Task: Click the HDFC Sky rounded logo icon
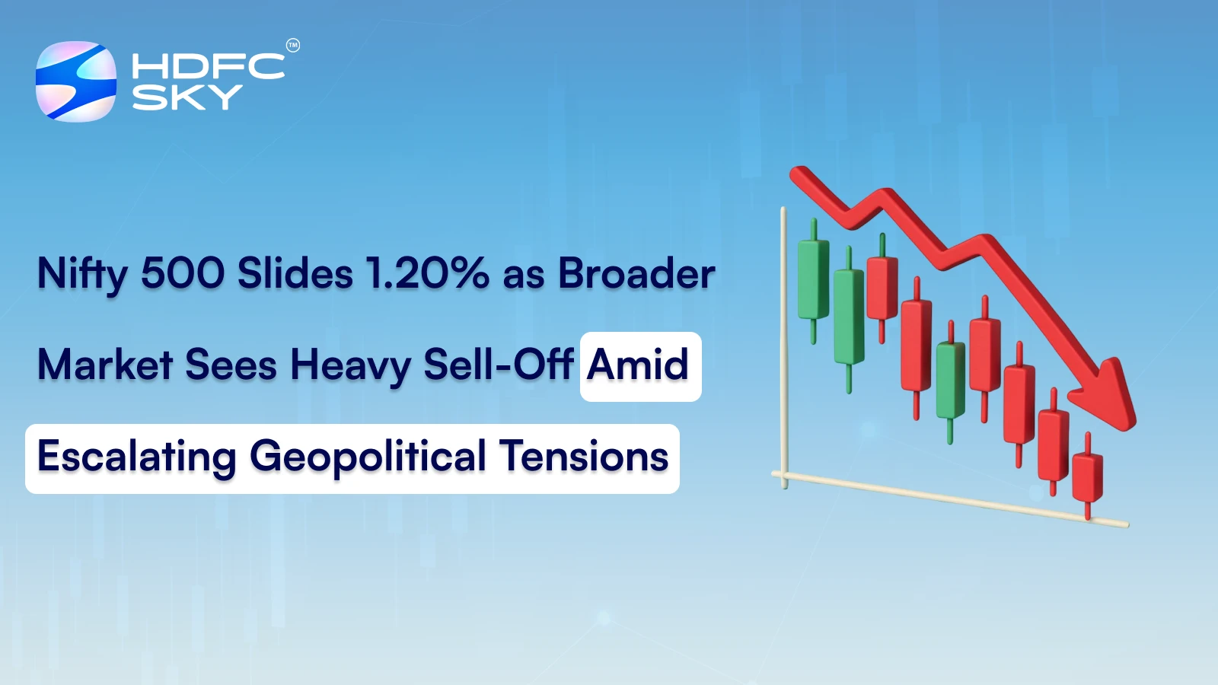[x=76, y=81]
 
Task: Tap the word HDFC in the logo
[x=208, y=66]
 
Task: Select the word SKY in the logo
[x=187, y=97]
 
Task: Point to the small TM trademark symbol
[x=293, y=46]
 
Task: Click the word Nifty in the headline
[x=82, y=274]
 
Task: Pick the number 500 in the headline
[x=183, y=274]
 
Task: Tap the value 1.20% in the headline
[x=427, y=274]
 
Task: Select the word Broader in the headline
[x=636, y=274]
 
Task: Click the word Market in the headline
[x=105, y=365]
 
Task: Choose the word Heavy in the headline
[x=350, y=365]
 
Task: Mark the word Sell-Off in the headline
[x=498, y=365]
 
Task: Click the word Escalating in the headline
[x=137, y=457]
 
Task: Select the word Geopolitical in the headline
[x=368, y=457]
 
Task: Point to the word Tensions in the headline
[x=585, y=457]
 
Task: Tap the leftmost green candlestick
[x=813, y=279]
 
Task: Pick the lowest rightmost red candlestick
[x=1087, y=477]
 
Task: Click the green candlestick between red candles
[x=950, y=380]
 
